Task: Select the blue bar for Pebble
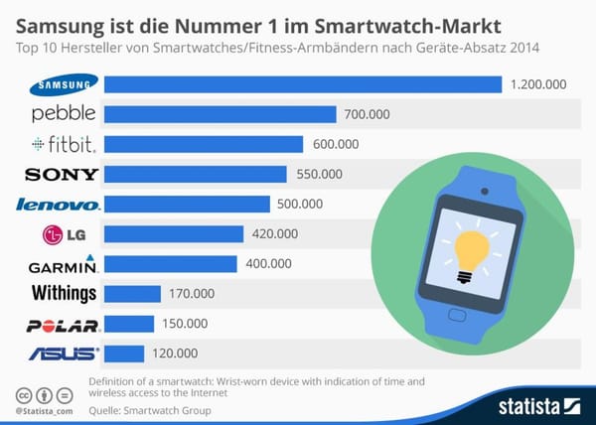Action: [220, 114]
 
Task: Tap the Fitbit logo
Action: [63, 145]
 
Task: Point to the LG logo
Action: [62, 234]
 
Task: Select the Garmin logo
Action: [63, 264]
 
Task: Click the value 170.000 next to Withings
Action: [192, 294]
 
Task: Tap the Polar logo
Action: [63, 325]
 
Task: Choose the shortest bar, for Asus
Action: [124, 354]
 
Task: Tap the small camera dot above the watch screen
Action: [485, 190]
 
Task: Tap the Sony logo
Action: [62, 175]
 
